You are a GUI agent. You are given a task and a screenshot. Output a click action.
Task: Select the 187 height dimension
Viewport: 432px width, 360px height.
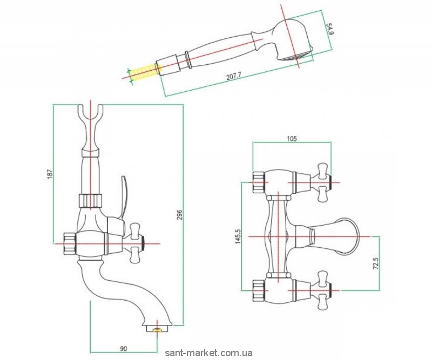coord(48,175)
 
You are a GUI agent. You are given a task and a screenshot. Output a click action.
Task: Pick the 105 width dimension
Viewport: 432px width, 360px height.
coord(292,139)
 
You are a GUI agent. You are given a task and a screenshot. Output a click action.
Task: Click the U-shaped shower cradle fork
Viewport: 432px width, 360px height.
coord(94,117)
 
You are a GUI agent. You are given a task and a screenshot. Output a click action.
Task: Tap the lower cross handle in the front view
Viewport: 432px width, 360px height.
coord(325,284)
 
